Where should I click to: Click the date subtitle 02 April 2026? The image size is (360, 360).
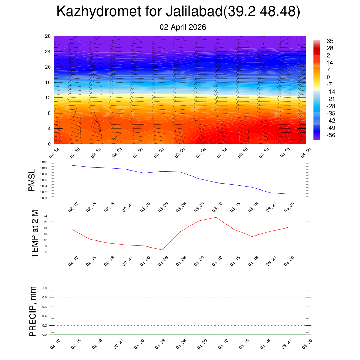(182, 27)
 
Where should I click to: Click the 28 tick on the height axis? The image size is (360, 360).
(48, 36)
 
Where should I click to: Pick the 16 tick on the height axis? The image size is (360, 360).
(48, 82)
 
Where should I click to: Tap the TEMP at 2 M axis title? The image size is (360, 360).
(34, 233)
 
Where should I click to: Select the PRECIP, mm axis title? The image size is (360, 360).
(33, 311)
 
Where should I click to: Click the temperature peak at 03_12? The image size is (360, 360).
(216, 217)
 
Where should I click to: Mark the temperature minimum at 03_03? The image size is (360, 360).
(162, 250)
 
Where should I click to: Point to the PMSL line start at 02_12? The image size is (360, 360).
(72, 165)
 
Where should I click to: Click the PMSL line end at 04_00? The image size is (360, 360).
(288, 194)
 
